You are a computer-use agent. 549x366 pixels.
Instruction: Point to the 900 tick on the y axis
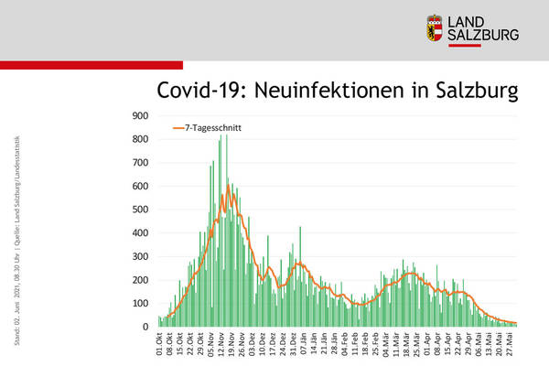click(x=141, y=116)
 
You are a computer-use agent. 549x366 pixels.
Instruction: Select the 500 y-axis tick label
click(x=141, y=210)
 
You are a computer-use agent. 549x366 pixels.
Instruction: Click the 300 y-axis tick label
click(x=141, y=257)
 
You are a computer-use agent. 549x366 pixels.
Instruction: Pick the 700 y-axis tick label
click(x=141, y=163)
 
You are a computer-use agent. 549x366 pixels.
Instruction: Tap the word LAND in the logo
click(x=475, y=20)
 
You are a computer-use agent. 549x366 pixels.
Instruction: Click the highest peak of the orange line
click(x=228, y=186)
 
